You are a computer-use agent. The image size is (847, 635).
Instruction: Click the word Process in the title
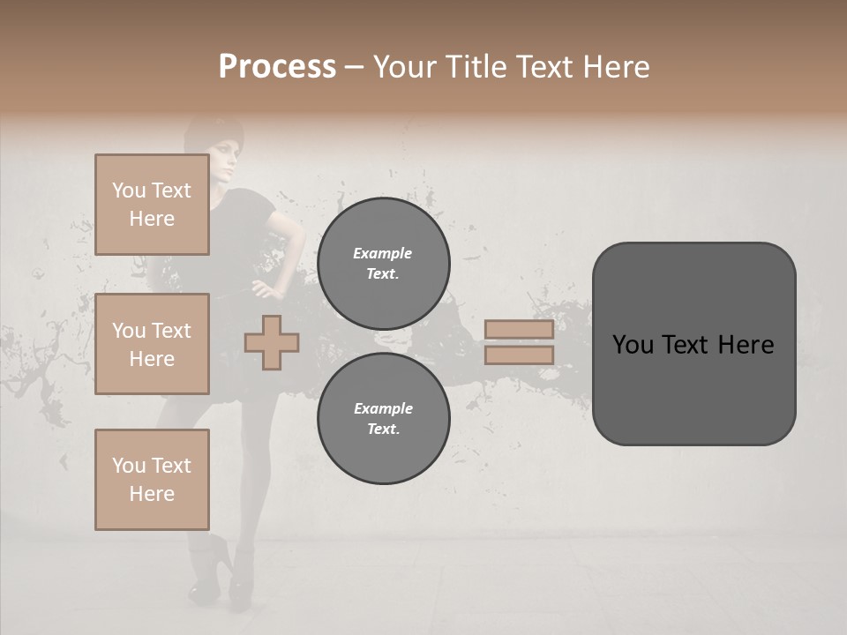[x=277, y=67]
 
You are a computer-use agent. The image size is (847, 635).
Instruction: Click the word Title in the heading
[x=475, y=67]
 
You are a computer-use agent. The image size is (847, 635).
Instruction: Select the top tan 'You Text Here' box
[x=152, y=205]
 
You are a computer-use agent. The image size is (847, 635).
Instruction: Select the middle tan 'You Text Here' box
[x=152, y=344]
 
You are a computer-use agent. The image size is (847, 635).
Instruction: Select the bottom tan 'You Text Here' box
[x=152, y=479]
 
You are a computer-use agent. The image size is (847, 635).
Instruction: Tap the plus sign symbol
[x=272, y=342]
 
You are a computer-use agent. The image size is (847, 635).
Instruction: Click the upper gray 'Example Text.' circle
[x=383, y=264]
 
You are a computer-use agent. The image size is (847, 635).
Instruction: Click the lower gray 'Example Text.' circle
[x=383, y=419]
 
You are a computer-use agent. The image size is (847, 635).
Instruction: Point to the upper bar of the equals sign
[x=519, y=330]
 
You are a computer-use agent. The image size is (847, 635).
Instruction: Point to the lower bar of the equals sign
[x=519, y=355]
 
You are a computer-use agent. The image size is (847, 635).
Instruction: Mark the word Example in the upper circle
[x=383, y=253]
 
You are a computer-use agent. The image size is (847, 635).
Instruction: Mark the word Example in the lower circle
[x=383, y=408]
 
